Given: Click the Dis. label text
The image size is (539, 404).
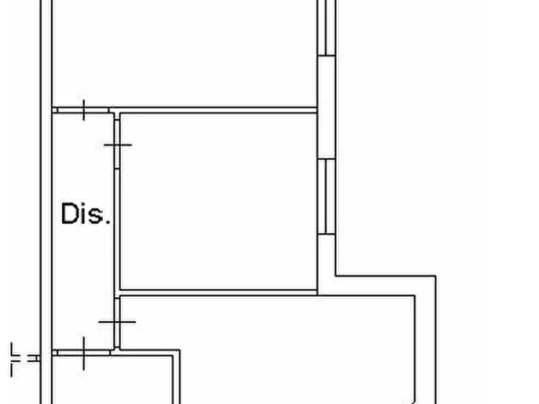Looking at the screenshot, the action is pyautogui.click(x=86, y=213).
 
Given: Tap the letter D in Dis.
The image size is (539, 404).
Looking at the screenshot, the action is pyautogui.click(x=69, y=213).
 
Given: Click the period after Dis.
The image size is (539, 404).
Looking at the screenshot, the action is pyautogui.click(x=107, y=223).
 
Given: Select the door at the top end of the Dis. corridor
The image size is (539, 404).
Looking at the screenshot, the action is pyautogui.click(x=83, y=110).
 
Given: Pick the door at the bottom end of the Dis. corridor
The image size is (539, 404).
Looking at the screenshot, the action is pyautogui.click(x=83, y=353).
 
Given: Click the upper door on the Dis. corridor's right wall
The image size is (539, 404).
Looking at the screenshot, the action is pyautogui.click(x=117, y=144).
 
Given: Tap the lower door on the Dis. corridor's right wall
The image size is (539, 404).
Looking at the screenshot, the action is pyautogui.click(x=117, y=322).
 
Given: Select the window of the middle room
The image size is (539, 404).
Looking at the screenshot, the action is pyautogui.click(x=326, y=197).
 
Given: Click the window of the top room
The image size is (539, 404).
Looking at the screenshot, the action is pyautogui.click(x=326, y=28).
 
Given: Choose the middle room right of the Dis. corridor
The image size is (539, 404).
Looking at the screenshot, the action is pyautogui.click(x=218, y=201).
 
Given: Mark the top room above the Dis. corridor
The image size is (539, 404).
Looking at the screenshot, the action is pyautogui.click(x=184, y=53).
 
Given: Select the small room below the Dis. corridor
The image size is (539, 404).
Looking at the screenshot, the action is pyautogui.click(x=112, y=380).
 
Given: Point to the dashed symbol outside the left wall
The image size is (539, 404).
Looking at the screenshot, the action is pyautogui.click(x=24, y=359).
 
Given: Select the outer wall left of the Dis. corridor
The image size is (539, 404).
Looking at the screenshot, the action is pyautogui.click(x=46, y=202).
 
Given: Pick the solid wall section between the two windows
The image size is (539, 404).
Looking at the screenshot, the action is pyautogui.click(x=326, y=107).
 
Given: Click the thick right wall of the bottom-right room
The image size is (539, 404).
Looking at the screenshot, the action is pyautogui.click(x=426, y=340).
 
